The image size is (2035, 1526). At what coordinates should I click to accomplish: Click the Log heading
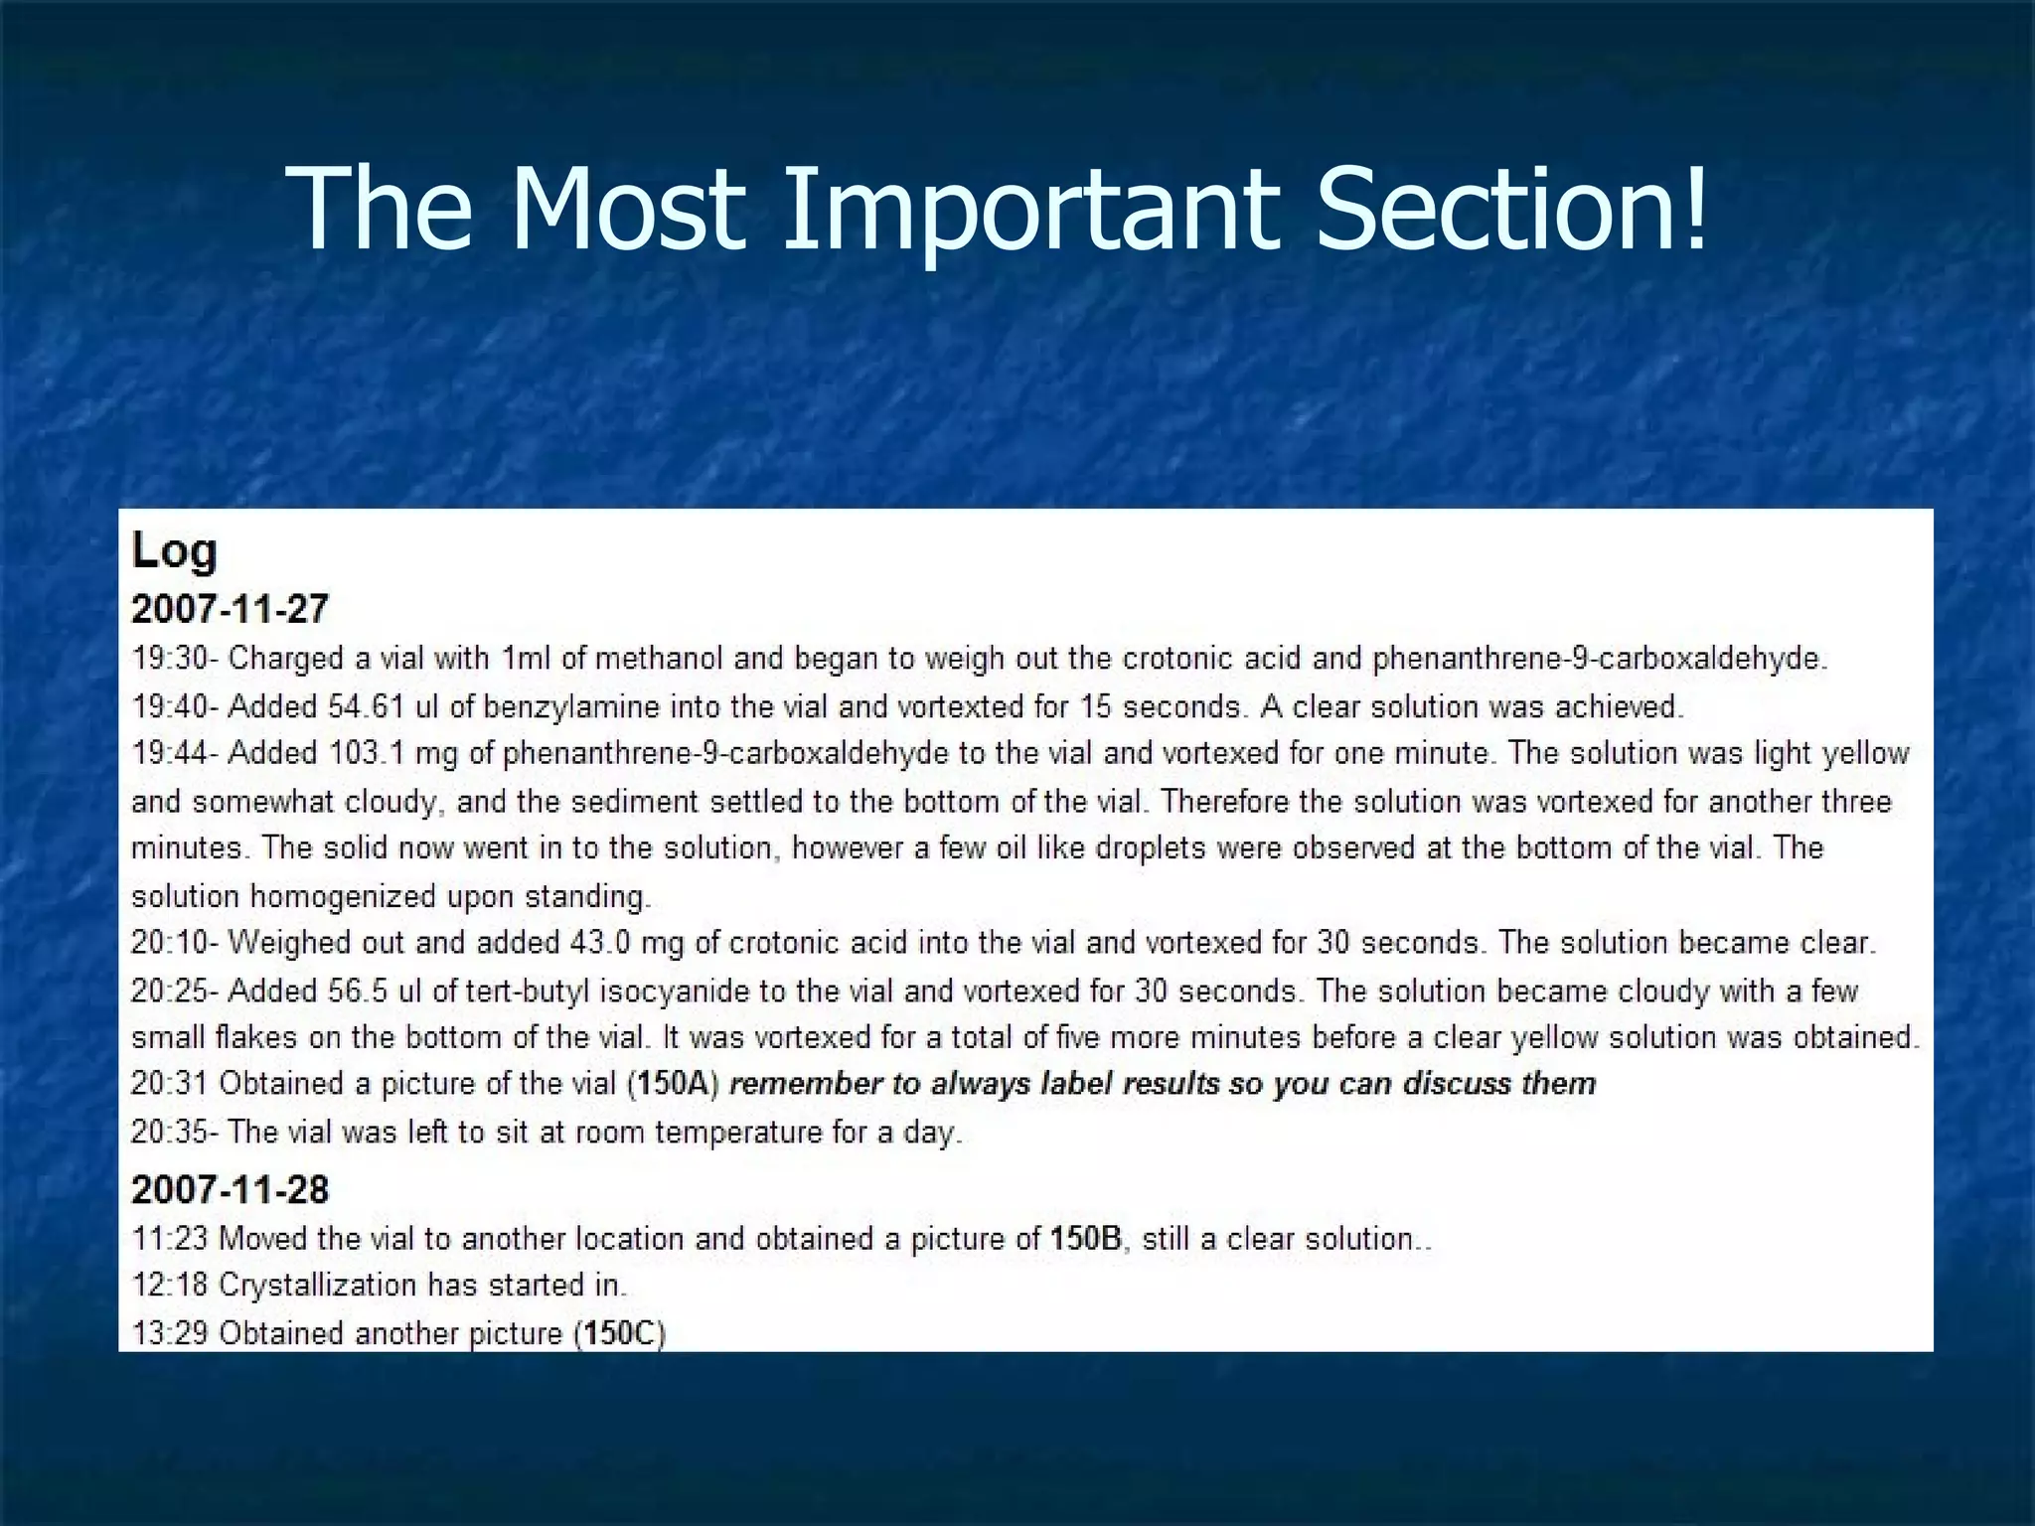(174, 550)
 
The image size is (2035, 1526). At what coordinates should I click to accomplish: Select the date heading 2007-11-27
(230, 608)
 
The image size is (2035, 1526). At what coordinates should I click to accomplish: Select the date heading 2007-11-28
(230, 1189)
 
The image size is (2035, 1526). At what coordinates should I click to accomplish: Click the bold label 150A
(673, 1084)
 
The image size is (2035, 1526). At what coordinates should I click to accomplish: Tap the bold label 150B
(1088, 1239)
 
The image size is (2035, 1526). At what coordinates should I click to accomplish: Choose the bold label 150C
(621, 1333)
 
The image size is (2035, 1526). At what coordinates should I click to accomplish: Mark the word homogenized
(341, 896)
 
